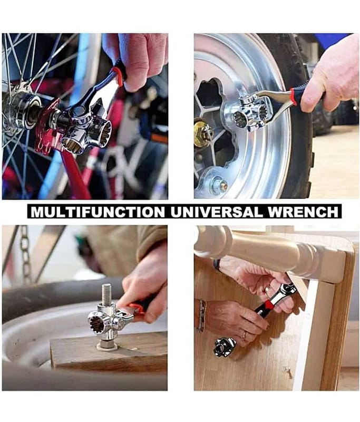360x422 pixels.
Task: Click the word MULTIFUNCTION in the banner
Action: (98, 212)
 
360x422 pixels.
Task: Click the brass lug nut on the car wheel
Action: (203, 133)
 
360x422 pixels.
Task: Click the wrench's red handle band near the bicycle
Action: (118, 76)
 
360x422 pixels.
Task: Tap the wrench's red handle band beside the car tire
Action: (294, 97)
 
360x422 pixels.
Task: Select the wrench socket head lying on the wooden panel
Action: (225, 347)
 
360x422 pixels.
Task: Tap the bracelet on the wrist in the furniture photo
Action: (201, 315)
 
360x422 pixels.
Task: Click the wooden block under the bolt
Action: (109, 353)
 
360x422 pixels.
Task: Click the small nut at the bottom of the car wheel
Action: (221, 186)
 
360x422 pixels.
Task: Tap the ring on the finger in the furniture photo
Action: (245, 335)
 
